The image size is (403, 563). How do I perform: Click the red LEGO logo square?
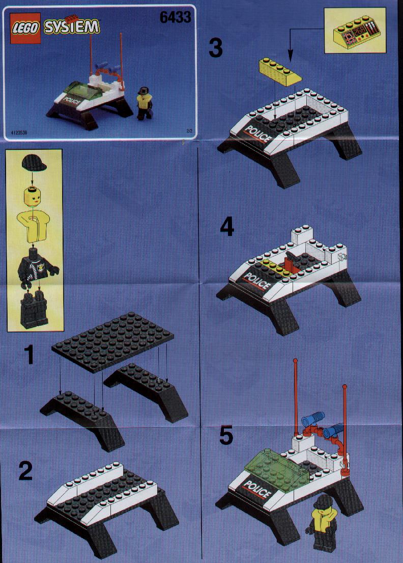pos(25,29)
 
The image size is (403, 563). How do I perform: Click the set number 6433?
pos(176,17)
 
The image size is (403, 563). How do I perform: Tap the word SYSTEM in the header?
pos(71,26)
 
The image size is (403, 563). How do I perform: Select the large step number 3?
pos(215,48)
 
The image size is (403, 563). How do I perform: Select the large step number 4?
pos(226,228)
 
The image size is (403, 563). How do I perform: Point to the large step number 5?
pos(226,435)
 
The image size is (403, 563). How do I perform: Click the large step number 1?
pos(28,355)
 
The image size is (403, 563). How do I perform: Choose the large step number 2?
pos(25,471)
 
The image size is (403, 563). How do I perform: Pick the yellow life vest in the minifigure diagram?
pos(33,226)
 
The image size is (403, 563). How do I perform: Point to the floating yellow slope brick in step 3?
pos(280,72)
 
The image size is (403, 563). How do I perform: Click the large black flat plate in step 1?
pos(112,336)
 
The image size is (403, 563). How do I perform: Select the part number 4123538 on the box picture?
pos(19,132)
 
